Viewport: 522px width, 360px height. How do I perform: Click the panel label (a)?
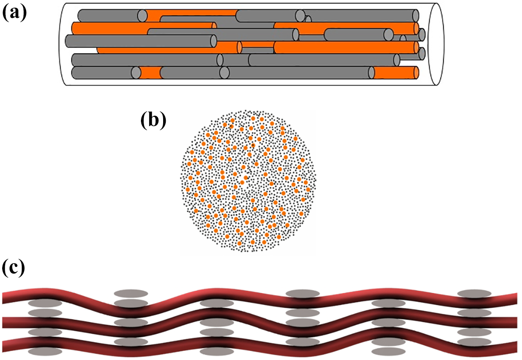point(14,13)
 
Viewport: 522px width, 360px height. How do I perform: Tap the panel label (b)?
point(153,120)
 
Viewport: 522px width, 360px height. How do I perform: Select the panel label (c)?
point(13,268)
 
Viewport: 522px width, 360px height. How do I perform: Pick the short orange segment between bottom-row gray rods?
point(151,73)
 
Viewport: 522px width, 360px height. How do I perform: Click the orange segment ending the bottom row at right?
point(396,73)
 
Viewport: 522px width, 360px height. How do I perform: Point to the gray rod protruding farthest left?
point(141,41)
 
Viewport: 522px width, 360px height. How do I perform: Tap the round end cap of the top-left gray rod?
point(142,16)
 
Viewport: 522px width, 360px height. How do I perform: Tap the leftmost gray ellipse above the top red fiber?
point(131,293)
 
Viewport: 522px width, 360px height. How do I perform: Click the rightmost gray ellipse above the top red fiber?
point(474,293)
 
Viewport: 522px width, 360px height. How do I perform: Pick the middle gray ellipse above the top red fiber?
point(302,293)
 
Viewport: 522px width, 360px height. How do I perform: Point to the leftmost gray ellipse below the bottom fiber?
point(45,351)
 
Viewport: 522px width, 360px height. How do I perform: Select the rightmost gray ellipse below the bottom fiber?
point(388,351)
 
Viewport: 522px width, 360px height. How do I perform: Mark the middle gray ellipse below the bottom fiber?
point(217,351)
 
